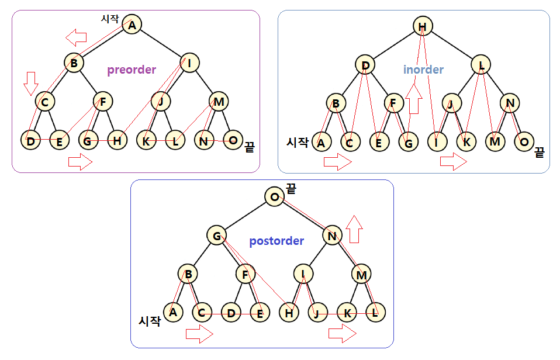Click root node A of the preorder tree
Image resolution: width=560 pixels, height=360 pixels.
click(132, 25)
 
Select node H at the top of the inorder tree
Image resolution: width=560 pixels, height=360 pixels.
click(423, 26)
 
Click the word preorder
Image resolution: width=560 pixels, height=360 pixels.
click(132, 70)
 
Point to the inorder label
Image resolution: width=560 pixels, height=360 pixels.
click(423, 70)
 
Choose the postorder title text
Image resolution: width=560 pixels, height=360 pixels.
click(276, 241)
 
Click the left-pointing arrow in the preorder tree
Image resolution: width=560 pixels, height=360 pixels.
click(76, 39)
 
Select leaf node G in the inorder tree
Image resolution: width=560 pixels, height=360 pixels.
click(409, 142)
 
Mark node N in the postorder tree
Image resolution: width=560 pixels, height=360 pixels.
click(332, 236)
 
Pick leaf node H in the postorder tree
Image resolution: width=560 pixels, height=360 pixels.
click(288, 313)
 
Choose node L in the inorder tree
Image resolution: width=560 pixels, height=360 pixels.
click(482, 65)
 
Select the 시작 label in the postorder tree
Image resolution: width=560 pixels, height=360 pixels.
click(149, 321)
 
